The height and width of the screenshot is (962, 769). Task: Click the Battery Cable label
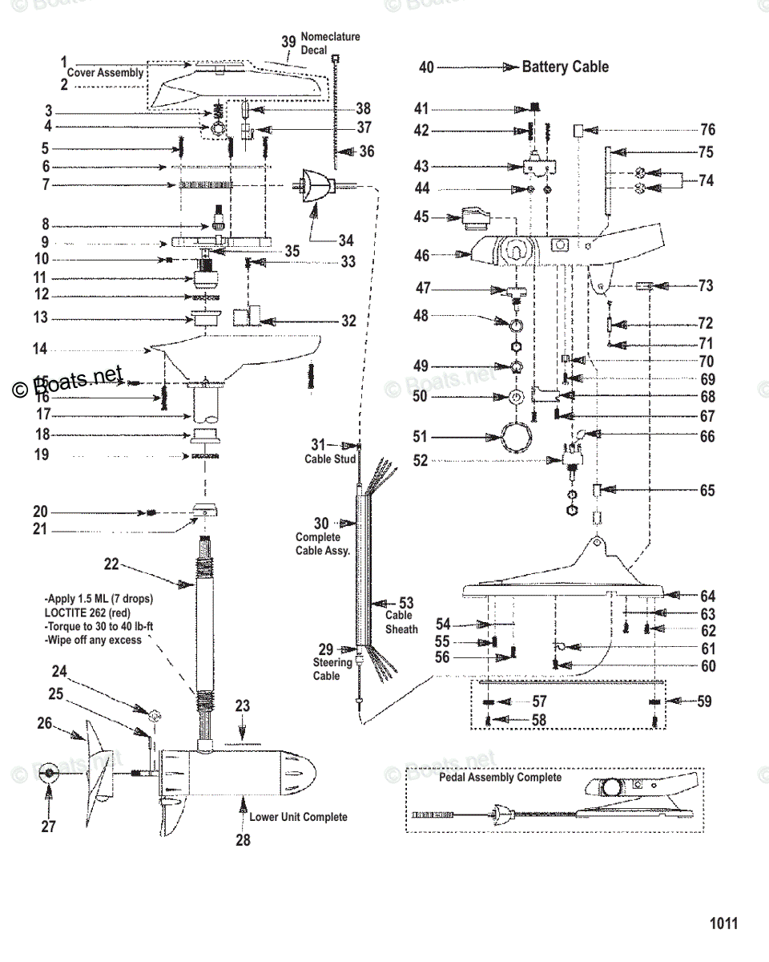(x=565, y=67)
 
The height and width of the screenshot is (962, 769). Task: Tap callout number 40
(x=426, y=68)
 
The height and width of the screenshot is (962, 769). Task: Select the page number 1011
(x=723, y=924)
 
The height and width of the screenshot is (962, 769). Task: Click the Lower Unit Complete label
(x=298, y=817)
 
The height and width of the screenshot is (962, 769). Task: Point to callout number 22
(x=111, y=564)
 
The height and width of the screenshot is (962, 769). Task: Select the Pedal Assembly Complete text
(x=500, y=778)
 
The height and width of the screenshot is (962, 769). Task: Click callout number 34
(x=345, y=240)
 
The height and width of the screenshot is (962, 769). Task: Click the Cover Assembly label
(x=105, y=73)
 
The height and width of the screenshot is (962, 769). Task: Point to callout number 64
(x=707, y=596)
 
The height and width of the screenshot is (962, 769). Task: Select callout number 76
(x=707, y=130)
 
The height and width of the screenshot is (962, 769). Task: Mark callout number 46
(x=422, y=256)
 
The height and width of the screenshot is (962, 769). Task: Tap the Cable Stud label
(x=329, y=459)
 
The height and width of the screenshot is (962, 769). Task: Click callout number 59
(x=704, y=701)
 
